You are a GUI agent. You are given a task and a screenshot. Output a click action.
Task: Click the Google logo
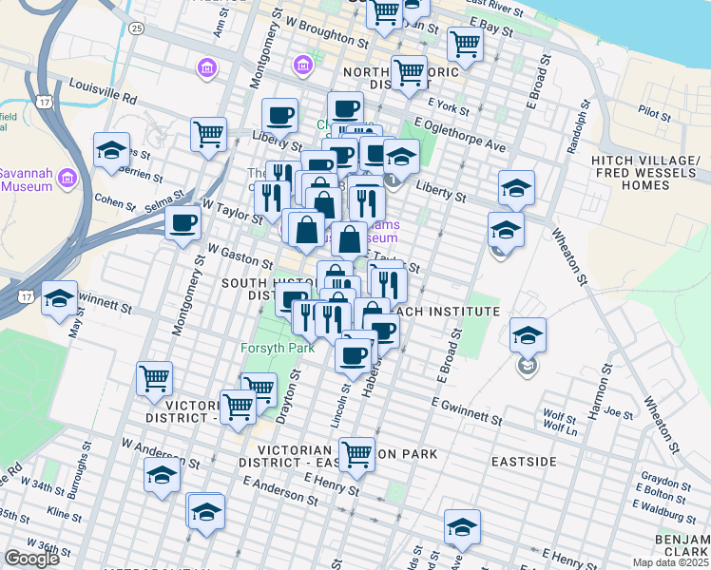tap(31, 559)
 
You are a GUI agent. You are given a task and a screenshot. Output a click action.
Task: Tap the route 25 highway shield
tap(138, 28)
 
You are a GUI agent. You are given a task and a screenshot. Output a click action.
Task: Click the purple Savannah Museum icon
tap(67, 178)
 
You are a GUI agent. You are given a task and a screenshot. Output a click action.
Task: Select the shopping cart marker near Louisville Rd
tap(208, 133)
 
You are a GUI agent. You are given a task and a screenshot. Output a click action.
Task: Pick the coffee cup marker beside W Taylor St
tap(183, 223)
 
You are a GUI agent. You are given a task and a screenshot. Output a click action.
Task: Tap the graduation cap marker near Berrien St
tap(111, 150)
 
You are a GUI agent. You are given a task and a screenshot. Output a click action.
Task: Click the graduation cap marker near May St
tap(59, 299)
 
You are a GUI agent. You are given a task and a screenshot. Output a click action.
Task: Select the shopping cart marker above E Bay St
tap(465, 42)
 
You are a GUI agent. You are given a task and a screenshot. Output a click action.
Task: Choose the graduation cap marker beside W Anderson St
tap(162, 475)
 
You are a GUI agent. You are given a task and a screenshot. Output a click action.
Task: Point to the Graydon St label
tap(663, 478)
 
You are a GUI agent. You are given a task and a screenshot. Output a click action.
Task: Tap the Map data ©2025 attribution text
tap(669, 562)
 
